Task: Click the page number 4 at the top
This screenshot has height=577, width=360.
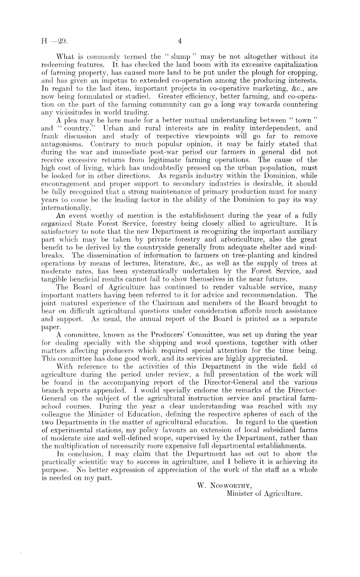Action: pos(180,41)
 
